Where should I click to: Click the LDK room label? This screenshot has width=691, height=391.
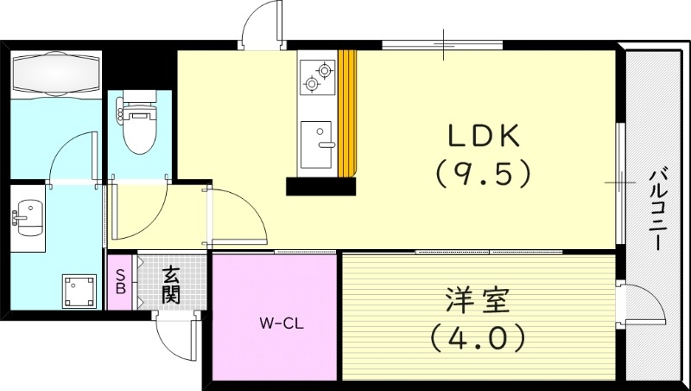pyautogui.click(x=482, y=137)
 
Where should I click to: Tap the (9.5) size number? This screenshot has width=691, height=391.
pyautogui.click(x=482, y=176)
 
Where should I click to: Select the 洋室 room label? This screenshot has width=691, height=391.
pyautogui.click(x=479, y=300)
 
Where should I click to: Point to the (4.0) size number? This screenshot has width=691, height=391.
pyautogui.click(x=479, y=337)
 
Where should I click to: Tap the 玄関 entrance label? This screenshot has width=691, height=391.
pyautogui.click(x=171, y=285)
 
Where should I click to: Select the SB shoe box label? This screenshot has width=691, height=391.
pyautogui.click(x=121, y=283)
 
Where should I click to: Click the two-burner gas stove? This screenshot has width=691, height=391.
pyautogui.click(x=317, y=76)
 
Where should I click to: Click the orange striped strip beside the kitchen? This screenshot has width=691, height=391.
pyautogui.click(x=347, y=112)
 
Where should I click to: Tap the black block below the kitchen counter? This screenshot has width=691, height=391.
pyautogui.click(x=320, y=186)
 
